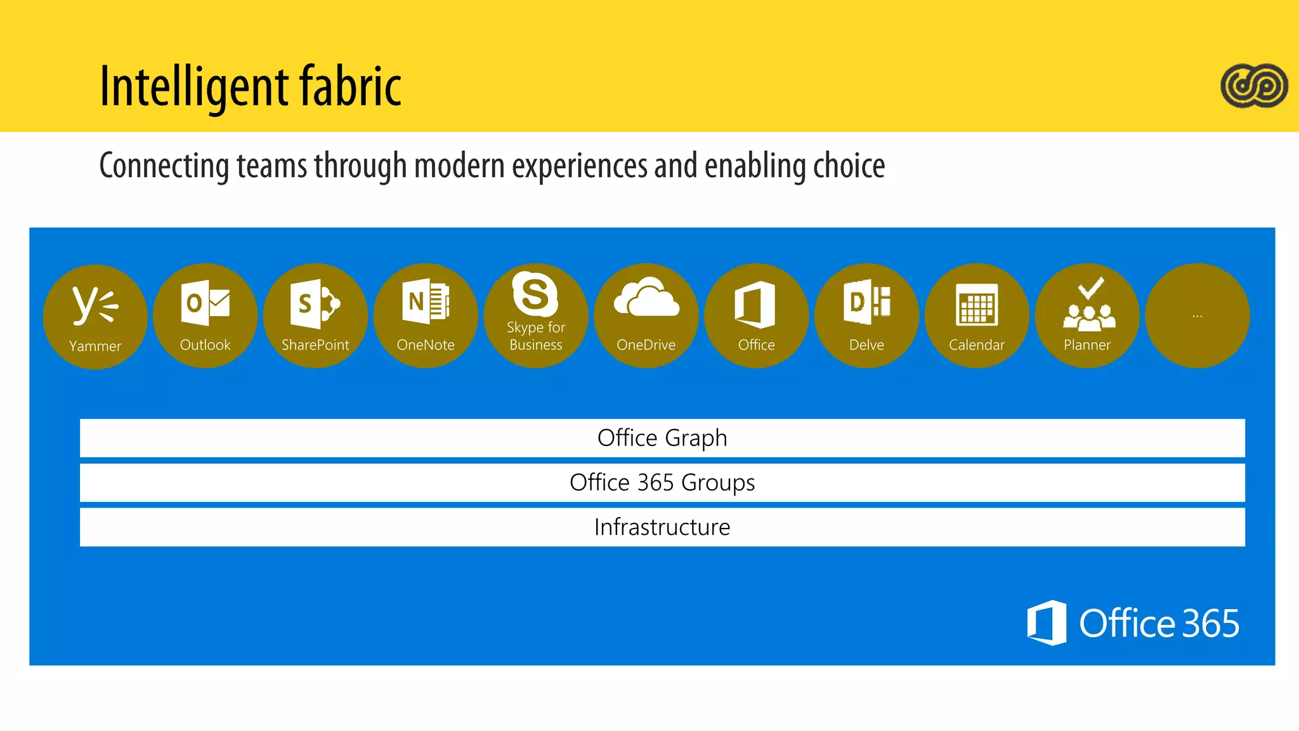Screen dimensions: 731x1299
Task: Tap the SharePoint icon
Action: [315, 304]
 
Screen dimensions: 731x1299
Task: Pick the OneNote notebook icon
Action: [426, 302]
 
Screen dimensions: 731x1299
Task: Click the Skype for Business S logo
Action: [535, 294]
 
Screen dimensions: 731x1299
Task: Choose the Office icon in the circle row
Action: [755, 305]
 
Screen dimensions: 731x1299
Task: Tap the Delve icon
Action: [866, 303]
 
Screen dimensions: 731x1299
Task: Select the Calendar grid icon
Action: [977, 305]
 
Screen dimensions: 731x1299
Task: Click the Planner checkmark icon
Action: [1088, 305]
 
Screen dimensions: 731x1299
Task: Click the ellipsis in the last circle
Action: [1198, 315]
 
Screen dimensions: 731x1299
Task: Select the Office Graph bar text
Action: [662, 438]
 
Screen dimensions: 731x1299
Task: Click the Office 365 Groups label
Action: [662, 483]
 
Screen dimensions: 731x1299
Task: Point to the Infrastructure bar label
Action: [662, 527]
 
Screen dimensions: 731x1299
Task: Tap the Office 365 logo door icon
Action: [1047, 622]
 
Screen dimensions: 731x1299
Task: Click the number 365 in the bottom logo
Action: [1210, 623]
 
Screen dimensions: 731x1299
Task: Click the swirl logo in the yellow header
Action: [1254, 86]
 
